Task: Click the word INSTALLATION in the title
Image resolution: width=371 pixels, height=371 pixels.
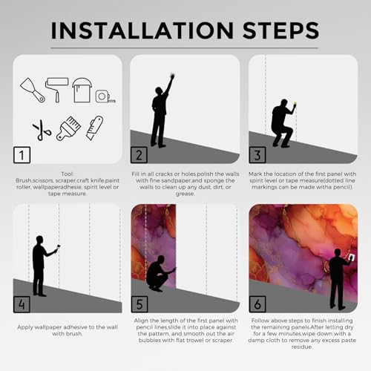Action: pos(142,30)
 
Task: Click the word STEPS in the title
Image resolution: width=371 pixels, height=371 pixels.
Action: pos(281,30)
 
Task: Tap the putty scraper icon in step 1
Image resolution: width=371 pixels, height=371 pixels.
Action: pos(33,91)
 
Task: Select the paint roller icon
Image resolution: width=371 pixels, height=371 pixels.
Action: pos(56,90)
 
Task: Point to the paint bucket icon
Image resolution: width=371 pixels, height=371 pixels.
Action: pos(82,90)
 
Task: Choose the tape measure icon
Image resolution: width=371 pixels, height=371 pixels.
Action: pos(105,96)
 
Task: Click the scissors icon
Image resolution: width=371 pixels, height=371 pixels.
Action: pos(42,130)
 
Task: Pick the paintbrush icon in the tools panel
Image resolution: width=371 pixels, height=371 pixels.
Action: pos(68,128)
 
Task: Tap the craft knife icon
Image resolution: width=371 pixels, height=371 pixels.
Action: pos(95,128)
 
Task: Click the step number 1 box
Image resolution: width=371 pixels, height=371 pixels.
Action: pos(22,155)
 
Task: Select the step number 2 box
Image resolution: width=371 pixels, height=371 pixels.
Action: pos(139,155)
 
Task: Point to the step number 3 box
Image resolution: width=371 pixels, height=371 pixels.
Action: pos(257,155)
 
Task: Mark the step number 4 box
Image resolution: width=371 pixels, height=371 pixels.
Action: pos(22,304)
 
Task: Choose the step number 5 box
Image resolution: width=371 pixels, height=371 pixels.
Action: pos(139,304)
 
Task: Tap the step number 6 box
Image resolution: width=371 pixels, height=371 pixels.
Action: pos(257,304)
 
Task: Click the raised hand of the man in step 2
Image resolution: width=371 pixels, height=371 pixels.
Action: pos(172,76)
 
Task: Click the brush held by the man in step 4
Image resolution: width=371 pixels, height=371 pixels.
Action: pos(59,247)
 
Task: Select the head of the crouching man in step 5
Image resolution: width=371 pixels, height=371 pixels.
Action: pos(161,260)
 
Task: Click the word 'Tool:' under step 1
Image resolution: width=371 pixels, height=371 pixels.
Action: pos(68,174)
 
